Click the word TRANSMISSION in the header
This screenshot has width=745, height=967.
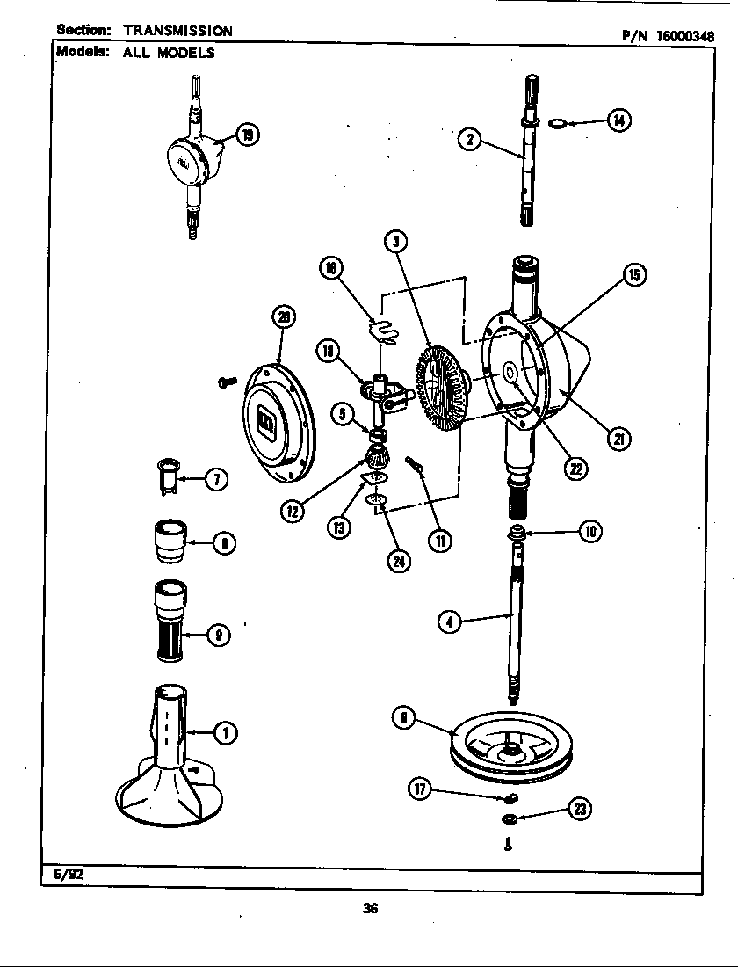pyautogui.click(x=177, y=31)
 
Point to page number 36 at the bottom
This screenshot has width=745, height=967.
pyautogui.click(x=370, y=909)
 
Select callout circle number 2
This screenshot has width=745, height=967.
pyautogui.click(x=470, y=138)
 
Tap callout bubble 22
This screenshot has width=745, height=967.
pyautogui.click(x=575, y=469)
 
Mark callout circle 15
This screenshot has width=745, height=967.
pyautogui.click(x=633, y=275)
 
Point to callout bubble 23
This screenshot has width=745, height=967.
pyautogui.click(x=579, y=809)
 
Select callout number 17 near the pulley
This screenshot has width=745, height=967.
pyautogui.click(x=420, y=789)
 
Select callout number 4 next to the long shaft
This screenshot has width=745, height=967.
pyautogui.click(x=449, y=622)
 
